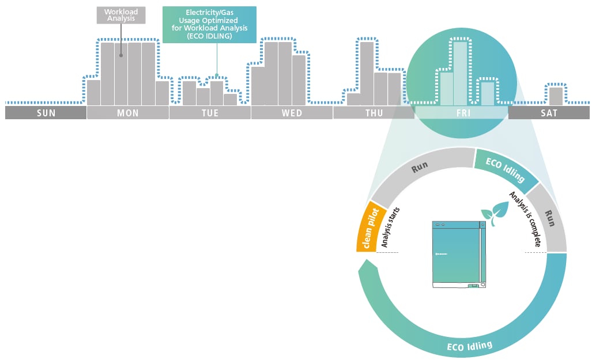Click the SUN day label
(x=46, y=113)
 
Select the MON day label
(x=127, y=113)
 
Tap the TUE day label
(x=210, y=113)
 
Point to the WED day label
(x=292, y=113)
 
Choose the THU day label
(x=374, y=113)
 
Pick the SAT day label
(x=549, y=113)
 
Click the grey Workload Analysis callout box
(x=121, y=15)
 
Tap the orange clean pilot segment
(x=368, y=226)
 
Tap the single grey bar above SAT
(x=556, y=96)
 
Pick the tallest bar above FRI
(x=460, y=73)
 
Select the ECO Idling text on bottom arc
(x=470, y=347)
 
